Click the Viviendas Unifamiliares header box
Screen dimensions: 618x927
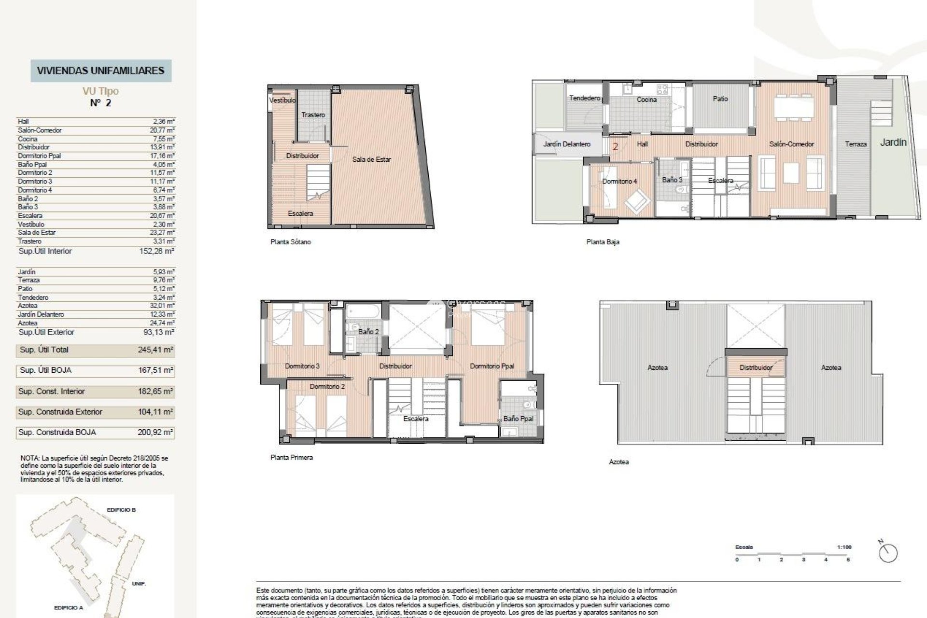(101, 70)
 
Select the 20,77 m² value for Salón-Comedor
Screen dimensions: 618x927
(162, 130)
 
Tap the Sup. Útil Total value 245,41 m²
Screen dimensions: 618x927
(155, 350)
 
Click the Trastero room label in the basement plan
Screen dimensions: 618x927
(313, 115)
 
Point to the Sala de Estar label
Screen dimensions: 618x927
(371, 159)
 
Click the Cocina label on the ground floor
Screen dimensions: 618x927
(646, 99)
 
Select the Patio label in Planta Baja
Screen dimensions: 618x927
(720, 98)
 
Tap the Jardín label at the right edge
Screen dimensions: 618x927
(893, 142)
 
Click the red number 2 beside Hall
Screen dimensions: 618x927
(615, 146)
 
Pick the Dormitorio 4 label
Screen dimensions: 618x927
(619, 181)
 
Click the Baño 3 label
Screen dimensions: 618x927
(672, 180)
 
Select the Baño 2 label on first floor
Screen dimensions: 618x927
(368, 332)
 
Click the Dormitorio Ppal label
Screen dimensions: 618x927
(492, 366)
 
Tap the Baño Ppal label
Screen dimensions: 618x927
(518, 419)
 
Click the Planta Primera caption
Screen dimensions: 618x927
(292, 457)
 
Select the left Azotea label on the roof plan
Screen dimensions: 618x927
(657, 368)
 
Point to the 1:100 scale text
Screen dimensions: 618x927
(844, 547)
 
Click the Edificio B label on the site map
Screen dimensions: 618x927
(121, 510)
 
